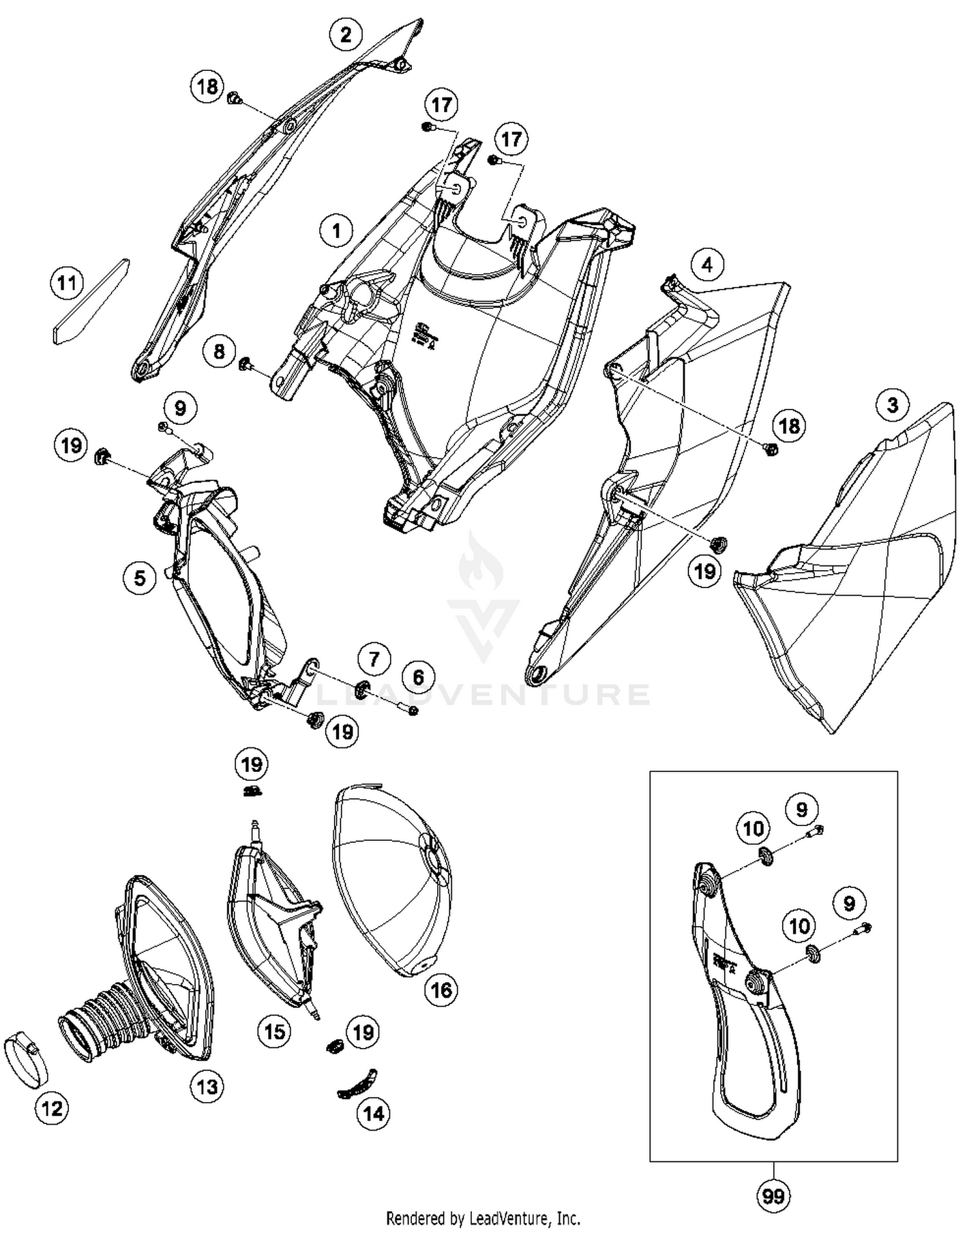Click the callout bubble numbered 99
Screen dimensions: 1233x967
click(x=773, y=1196)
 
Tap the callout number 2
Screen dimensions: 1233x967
click(x=346, y=34)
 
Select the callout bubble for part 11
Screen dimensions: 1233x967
click(x=68, y=282)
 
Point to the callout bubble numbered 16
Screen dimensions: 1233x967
click(x=441, y=989)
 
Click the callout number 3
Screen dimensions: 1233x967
click(x=892, y=405)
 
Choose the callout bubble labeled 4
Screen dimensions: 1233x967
click(x=707, y=264)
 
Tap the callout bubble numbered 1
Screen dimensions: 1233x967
click(x=336, y=230)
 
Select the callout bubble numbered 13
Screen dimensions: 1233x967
click(x=207, y=1087)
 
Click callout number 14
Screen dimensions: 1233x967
click(x=374, y=1113)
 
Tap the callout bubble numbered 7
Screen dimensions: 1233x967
click(x=375, y=659)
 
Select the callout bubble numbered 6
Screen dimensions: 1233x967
click(x=418, y=677)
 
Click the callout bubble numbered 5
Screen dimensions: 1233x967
click(x=140, y=577)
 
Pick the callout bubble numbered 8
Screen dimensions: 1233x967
click(x=219, y=351)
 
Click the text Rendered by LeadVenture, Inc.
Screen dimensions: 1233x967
click(x=483, y=1218)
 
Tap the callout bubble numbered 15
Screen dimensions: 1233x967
click(x=275, y=1031)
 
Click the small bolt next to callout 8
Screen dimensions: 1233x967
click(x=246, y=364)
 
